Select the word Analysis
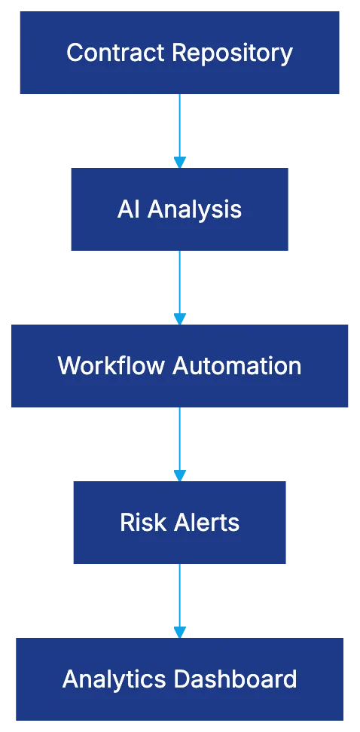[194, 209]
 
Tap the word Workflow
[112, 366]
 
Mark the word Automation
[237, 366]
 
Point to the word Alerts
[203, 523]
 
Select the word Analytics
[115, 679]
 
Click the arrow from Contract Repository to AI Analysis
[178, 128]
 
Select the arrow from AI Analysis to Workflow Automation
[178, 285]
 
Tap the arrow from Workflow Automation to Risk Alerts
[178, 441]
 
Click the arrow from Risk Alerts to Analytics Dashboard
[178, 598]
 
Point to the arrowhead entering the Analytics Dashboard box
[178, 631]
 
